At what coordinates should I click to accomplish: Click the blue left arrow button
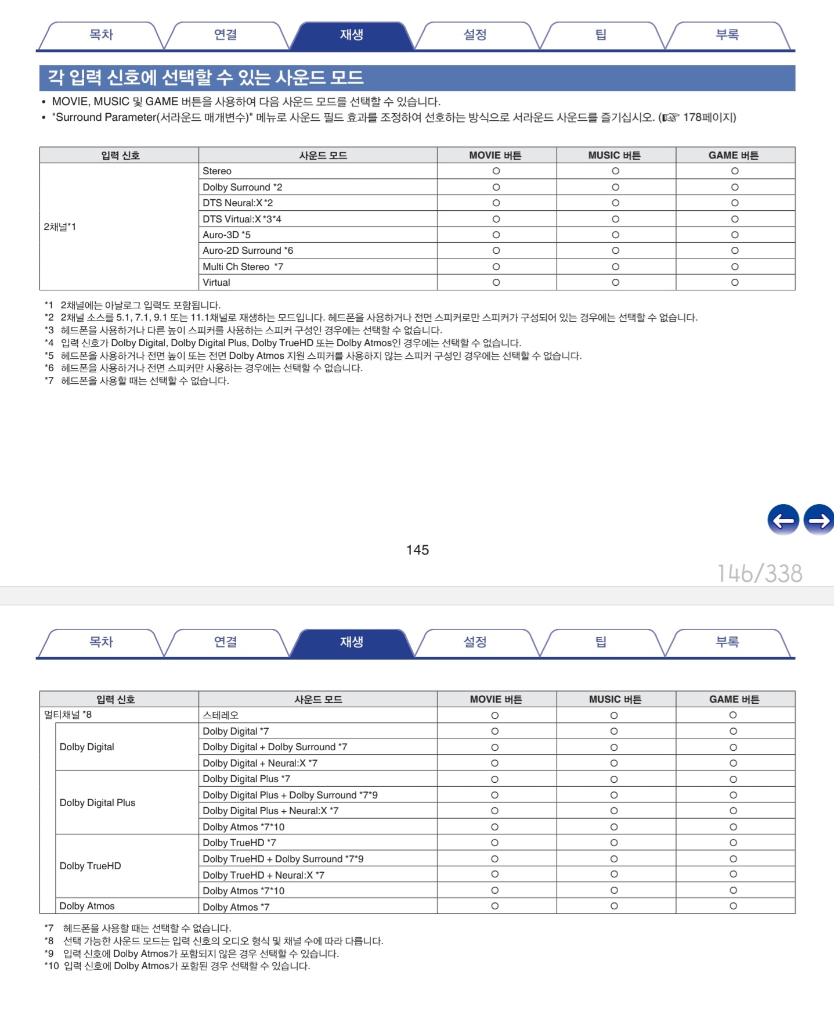pos(783,520)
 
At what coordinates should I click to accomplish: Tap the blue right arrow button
pos(819,520)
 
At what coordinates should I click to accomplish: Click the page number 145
pos(417,550)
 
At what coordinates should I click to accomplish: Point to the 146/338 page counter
pos(760,574)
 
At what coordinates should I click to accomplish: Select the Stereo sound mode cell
pos(217,171)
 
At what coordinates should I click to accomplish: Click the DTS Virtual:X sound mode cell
pos(242,219)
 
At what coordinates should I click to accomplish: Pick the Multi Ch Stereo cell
pos(243,267)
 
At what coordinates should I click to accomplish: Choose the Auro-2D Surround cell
pos(248,251)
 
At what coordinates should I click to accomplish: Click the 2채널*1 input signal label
pos(60,227)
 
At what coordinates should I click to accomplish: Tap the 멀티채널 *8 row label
pos(68,715)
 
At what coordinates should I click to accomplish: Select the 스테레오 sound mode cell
pos(221,715)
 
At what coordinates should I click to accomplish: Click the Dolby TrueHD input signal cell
pos(91,866)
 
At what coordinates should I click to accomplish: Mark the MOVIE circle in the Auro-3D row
pos(496,235)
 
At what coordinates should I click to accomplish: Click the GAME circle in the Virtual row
pos(735,282)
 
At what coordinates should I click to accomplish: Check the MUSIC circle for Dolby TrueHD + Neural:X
pos(614,875)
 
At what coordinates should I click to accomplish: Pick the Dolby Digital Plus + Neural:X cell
pos(270,811)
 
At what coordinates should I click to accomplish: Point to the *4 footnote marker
pos(49,343)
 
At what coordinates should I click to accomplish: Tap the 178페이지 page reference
pos(709,117)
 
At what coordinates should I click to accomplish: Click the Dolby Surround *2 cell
pos(242,187)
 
